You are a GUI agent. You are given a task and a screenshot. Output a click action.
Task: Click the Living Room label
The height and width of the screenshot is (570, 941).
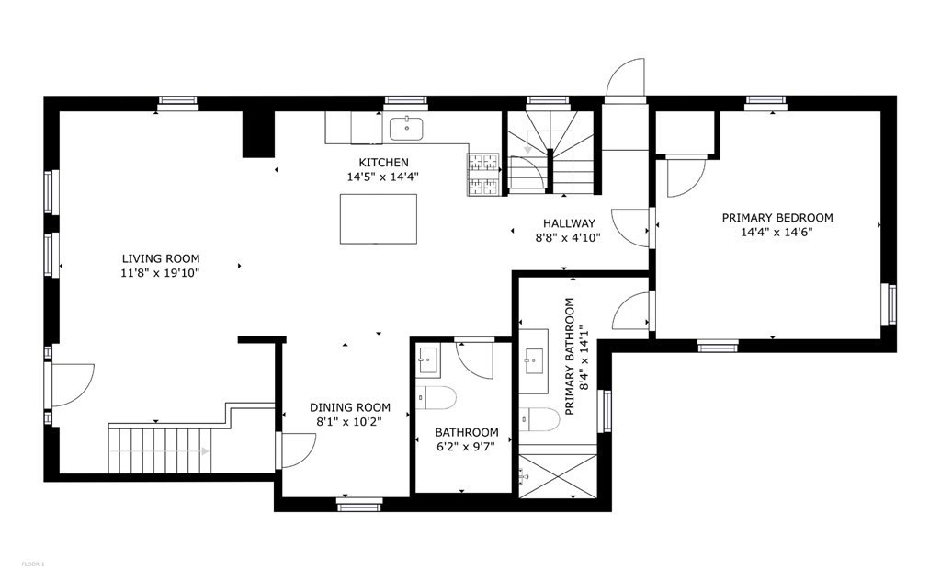(x=162, y=258)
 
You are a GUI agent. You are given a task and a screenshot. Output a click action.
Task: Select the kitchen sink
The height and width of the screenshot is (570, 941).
(x=405, y=129)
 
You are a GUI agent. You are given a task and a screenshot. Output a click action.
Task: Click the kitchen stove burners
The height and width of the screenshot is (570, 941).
(x=484, y=174)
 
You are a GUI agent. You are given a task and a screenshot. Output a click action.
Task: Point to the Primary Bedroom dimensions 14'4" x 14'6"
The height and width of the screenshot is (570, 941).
(x=777, y=233)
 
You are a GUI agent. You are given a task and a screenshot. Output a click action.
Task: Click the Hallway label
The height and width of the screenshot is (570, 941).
(x=569, y=223)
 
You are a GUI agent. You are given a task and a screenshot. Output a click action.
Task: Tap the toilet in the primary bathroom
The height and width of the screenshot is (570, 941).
(x=539, y=419)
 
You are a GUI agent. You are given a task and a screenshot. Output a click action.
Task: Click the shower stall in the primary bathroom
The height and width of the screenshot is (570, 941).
(x=558, y=476)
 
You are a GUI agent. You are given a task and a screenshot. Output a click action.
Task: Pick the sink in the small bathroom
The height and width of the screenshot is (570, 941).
(x=429, y=359)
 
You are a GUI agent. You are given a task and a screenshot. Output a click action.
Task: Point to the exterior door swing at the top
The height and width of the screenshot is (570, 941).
(x=625, y=81)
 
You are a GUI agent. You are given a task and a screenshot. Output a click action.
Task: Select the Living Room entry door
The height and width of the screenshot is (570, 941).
(x=73, y=384)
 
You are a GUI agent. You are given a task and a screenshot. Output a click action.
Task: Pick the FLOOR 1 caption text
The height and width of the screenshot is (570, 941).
(x=31, y=563)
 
